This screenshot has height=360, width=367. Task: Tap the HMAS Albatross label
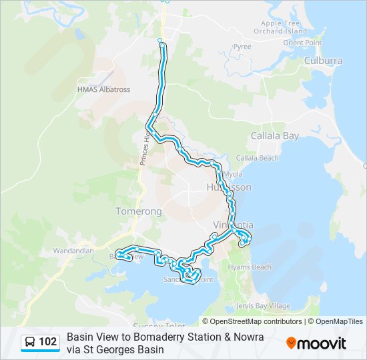(x=103, y=89)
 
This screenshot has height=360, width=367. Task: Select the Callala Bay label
(x=275, y=136)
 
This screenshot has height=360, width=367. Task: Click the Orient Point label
(x=302, y=43)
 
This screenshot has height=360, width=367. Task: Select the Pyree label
(x=242, y=47)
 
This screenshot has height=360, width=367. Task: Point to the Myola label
(x=233, y=174)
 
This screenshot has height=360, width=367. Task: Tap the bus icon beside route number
(x=31, y=343)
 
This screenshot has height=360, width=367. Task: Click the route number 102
(x=47, y=343)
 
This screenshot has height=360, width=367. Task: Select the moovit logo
(x=316, y=343)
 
